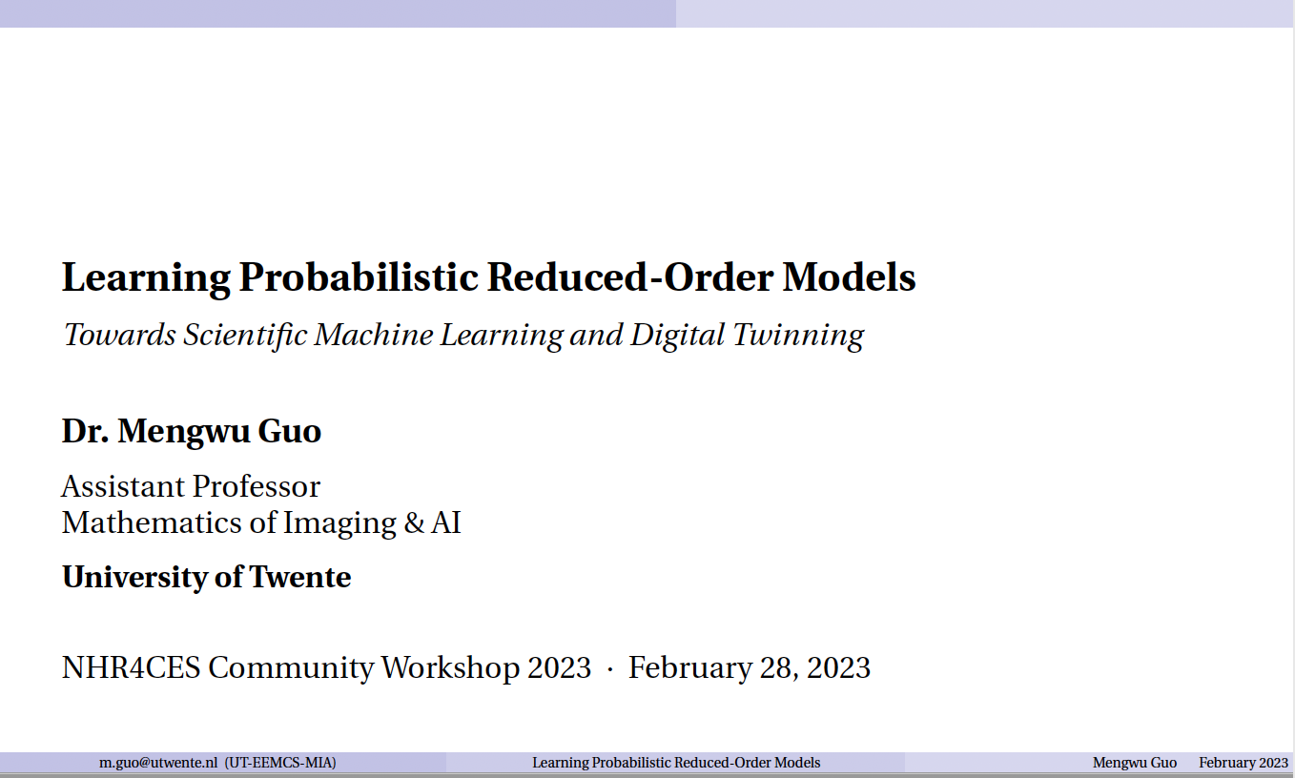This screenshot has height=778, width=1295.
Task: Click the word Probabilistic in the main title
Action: click(x=359, y=278)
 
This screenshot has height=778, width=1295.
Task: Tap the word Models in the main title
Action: click(x=850, y=276)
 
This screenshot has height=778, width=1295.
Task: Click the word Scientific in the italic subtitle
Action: click(x=245, y=336)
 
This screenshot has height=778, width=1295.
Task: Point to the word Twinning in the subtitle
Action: click(x=798, y=336)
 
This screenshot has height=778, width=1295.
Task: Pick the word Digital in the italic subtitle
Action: click(x=677, y=336)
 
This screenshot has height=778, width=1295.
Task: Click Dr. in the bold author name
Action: click(x=86, y=431)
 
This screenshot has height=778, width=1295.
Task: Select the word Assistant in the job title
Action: click(x=123, y=486)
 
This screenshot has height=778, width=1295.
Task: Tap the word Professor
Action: click(x=257, y=486)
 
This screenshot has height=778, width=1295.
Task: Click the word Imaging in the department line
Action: click(x=339, y=524)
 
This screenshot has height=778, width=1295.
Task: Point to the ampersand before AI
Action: click(x=414, y=523)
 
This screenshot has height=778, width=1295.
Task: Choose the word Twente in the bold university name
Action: click(x=300, y=577)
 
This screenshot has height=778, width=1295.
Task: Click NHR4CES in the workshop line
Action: click(x=131, y=668)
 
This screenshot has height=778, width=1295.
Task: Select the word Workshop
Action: click(x=450, y=669)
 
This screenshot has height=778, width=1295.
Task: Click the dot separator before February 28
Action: click(x=610, y=669)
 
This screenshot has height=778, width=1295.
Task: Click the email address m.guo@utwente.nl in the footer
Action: click(x=158, y=763)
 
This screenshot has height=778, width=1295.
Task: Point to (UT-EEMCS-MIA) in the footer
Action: click(x=280, y=763)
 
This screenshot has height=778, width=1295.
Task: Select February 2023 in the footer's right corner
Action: click(x=1244, y=763)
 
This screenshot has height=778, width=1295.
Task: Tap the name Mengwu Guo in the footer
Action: click(x=1134, y=763)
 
